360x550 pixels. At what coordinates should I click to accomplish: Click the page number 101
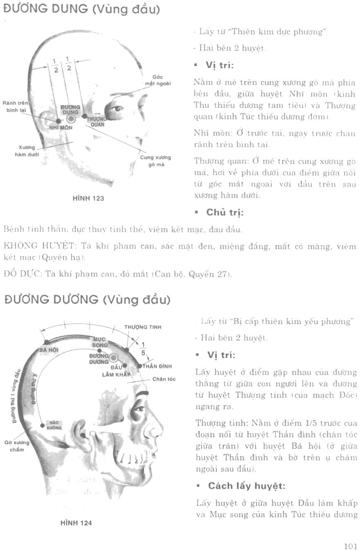pyautogui.click(x=351, y=546)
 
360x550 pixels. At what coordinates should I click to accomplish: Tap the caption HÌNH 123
pyautogui.click(x=88, y=198)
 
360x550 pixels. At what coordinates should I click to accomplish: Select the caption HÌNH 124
pyautogui.click(x=76, y=523)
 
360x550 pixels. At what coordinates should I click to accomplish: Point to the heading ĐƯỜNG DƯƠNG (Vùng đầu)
pyautogui.click(x=87, y=300)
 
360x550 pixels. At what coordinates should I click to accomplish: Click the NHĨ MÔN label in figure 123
pyautogui.click(x=61, y=128)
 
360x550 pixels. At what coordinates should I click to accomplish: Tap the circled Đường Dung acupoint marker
pyautogui.click(x=71, y=119)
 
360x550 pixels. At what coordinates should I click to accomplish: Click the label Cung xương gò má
pyautogui.click(x=155, y=160)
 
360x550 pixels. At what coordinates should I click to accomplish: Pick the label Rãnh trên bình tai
pyautogui.click(x=14, y=107)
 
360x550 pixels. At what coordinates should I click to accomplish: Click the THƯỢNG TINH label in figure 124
pyautogui.click(x=142, y=327)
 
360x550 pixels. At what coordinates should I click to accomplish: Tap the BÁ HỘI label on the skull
pyautogui.click(x=49, y=350)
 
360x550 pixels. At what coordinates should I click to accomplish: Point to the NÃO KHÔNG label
pyautogui.click(x=54, y=425)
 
